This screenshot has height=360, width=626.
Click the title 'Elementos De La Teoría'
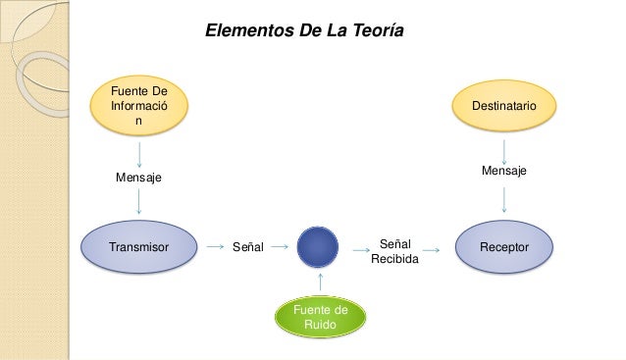coord(303,31)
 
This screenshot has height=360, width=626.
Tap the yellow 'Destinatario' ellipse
coord(503,102)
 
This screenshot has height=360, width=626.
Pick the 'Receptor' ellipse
coord(503,248)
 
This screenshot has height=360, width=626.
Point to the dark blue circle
coord(317,248)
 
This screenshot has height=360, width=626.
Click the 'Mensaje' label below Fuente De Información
coord(138,178)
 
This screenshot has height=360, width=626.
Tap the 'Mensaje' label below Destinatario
coord(503,171)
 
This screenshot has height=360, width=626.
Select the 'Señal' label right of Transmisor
coord(247,249)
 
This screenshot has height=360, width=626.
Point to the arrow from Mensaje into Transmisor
coord(139,201)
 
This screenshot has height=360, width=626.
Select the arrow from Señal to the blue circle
coord(280,248)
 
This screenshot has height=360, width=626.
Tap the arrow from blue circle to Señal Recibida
coord(360,250)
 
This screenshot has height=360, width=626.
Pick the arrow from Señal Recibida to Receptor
coord(440,250)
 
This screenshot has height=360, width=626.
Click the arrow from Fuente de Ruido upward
coord(320,283)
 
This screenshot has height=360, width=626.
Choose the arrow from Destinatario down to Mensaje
coord(503,149)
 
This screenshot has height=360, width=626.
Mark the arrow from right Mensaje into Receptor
coord(503,199)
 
